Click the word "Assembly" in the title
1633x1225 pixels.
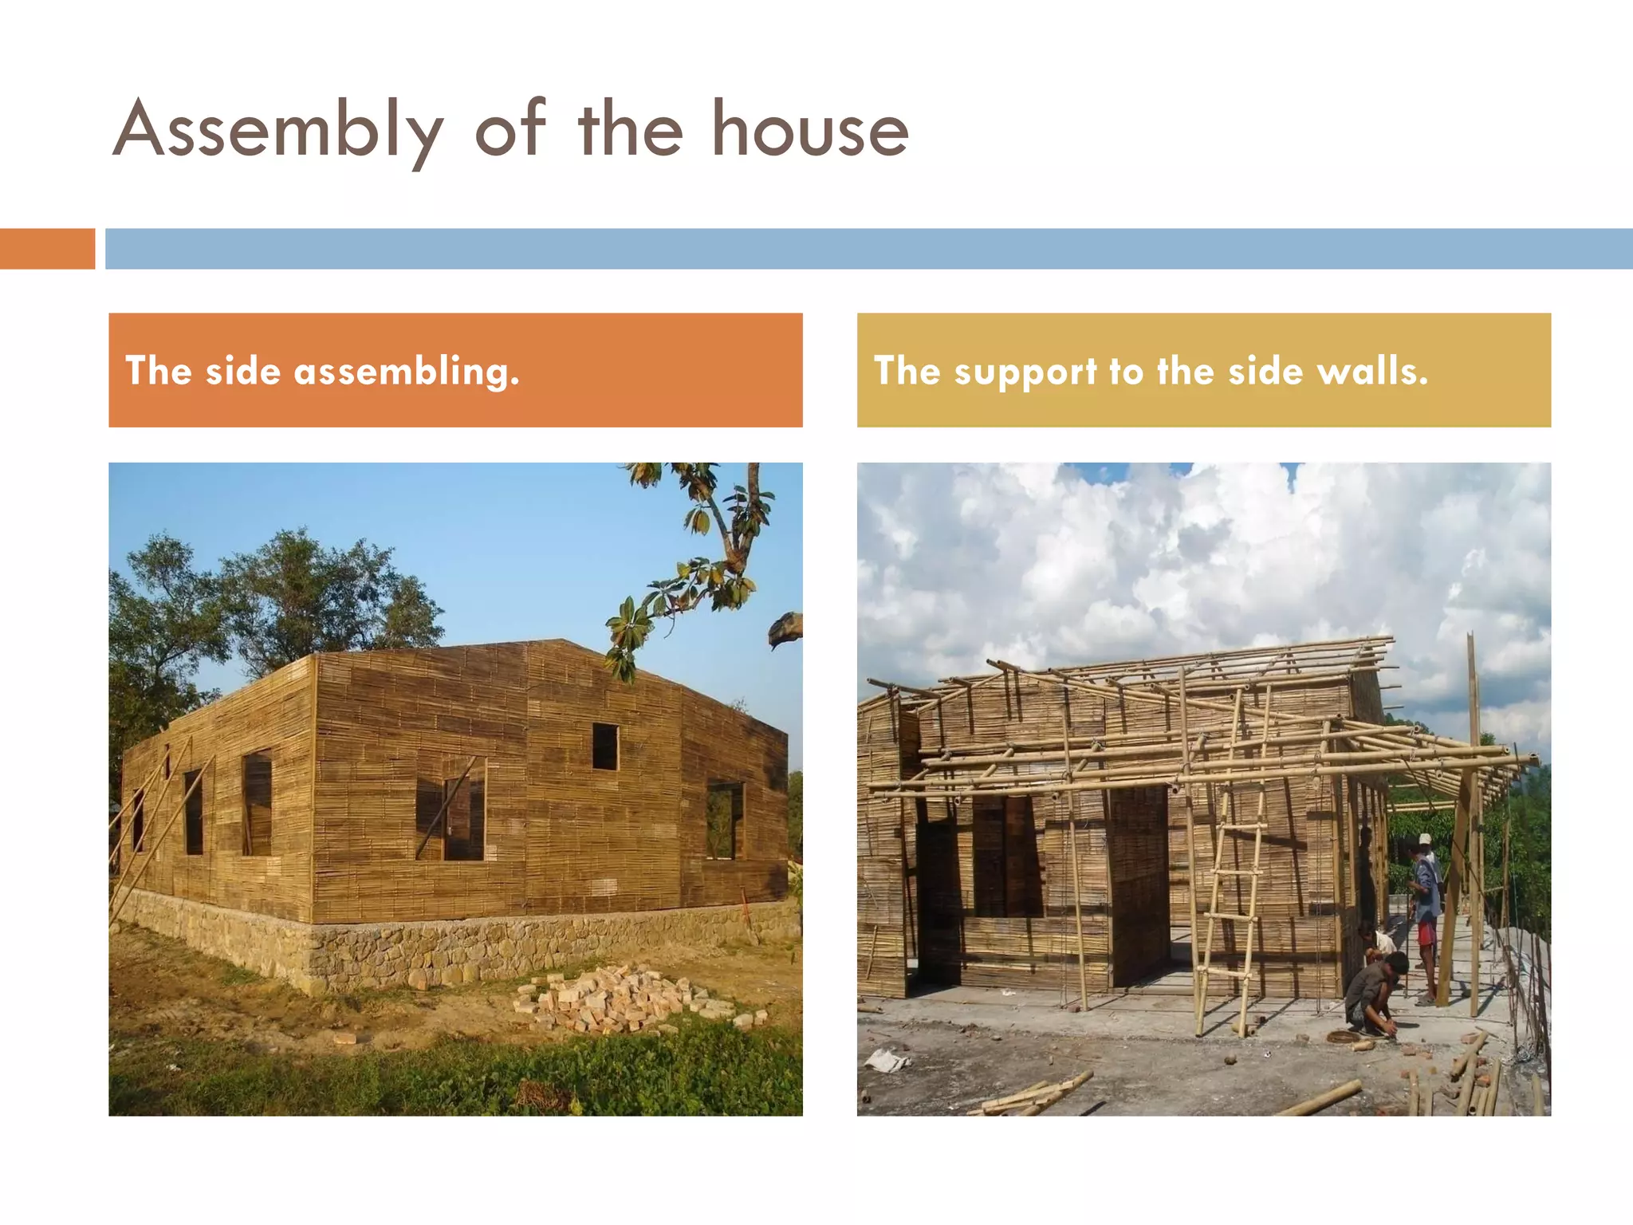pos(277,130)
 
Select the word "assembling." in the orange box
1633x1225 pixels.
pos(407,372)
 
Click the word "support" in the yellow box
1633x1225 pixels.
pos(1025,372)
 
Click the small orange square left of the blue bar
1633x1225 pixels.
pos(47,249)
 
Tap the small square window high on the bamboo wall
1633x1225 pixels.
pos(605,746)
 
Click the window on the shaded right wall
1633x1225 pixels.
pos(724,820)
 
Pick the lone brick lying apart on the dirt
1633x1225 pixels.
pos(344,1038)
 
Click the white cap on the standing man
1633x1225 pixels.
pos(1425,839)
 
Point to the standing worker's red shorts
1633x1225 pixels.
pos(1427,932)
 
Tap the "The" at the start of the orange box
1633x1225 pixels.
pos(159,372)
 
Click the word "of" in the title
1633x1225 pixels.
pos(510,130)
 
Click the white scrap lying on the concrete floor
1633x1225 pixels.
pos(887,1059)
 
